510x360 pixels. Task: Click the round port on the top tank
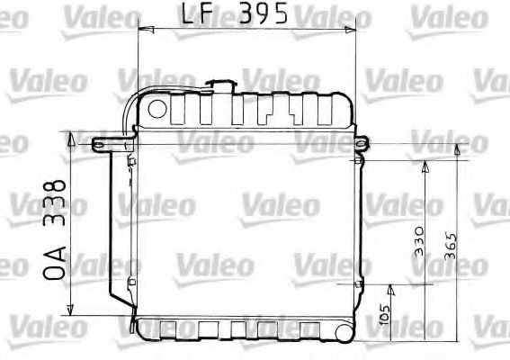[x=157, y=111]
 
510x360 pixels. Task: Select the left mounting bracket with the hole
[x=103, y=141]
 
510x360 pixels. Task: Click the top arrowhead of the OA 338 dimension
[x=68, y=135]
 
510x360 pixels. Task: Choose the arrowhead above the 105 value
[x=390, y=288]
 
